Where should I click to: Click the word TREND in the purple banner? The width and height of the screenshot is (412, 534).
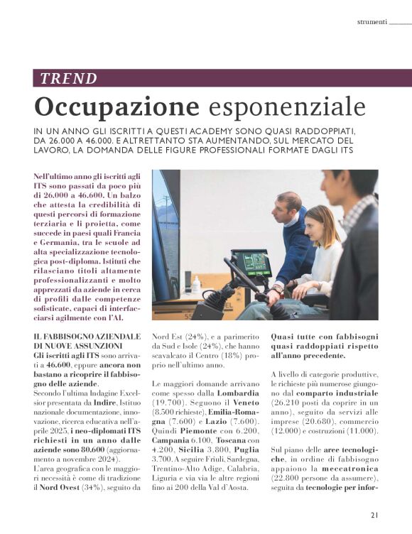68,79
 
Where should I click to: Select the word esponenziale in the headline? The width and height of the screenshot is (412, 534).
288,107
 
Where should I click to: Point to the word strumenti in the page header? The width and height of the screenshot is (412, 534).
372,21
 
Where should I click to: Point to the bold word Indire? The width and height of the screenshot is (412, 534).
108,401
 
